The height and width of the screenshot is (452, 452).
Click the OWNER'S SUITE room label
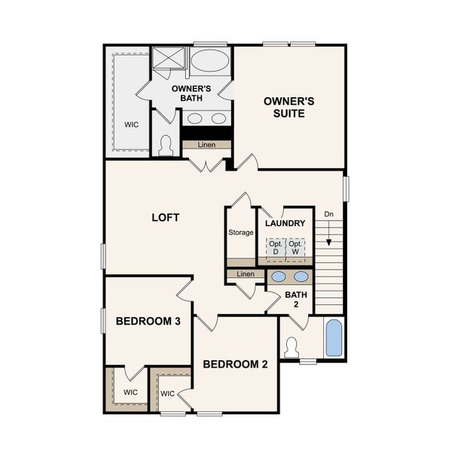click(284, 107)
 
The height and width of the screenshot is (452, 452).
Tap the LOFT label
click(166, 218)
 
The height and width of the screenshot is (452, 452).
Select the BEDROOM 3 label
click(148, 321)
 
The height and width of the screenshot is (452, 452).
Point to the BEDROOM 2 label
click(235, 365)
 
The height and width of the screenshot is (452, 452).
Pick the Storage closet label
click(241, 233)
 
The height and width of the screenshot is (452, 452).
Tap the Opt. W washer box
click(296, 248)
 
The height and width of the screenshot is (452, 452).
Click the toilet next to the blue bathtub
click(292, 347)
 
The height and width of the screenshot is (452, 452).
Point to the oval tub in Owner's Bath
click(210, 61)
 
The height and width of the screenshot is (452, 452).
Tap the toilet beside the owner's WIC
click(166, 145)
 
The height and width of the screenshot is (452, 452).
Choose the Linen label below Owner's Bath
click(206, 145)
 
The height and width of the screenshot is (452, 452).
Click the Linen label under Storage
click(246, 274)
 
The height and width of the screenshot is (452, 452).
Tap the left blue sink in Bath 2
click(277, 276)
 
